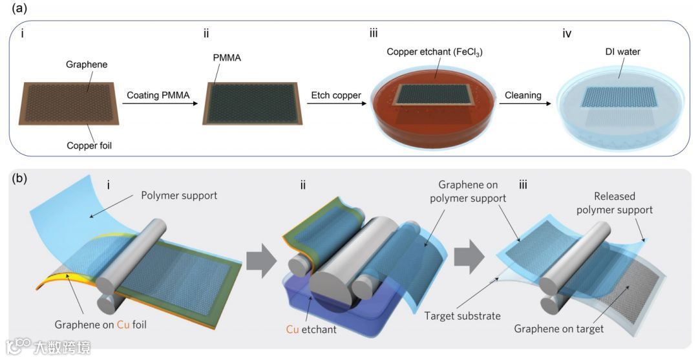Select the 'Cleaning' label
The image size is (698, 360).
(x=523, y=95)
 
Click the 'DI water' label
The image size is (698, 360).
(x=622, y=51)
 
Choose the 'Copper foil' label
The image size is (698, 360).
(x=89, y=145)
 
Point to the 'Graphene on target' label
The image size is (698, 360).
(x=559, y=329)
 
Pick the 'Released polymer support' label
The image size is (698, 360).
(x=614, y=203)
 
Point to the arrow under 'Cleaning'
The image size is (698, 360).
(x=523, y=106)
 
